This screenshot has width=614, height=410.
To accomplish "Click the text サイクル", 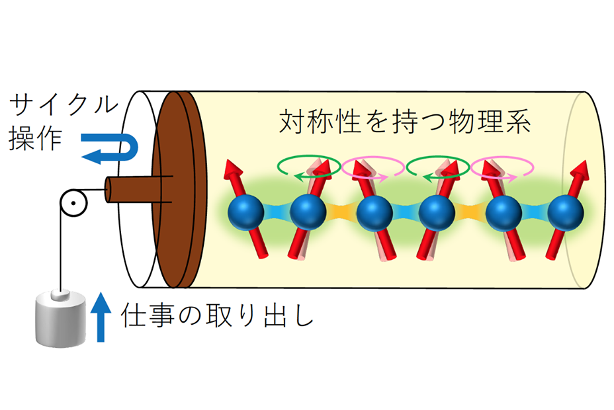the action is point(64,104).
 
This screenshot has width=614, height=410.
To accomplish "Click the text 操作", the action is point(35,138).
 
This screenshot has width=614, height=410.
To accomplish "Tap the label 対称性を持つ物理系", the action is point(404,121).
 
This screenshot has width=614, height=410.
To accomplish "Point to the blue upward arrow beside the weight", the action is point(101,317).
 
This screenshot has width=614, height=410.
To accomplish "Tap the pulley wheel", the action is point(73,202).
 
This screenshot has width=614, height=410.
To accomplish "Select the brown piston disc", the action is point(179,189).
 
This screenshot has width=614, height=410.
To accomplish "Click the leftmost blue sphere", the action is point(245,212).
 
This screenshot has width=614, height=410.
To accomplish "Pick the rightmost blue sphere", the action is point(566,213).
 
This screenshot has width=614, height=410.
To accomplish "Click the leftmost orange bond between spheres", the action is point(341,212).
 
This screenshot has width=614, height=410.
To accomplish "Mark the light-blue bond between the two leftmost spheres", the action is point(277,212).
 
